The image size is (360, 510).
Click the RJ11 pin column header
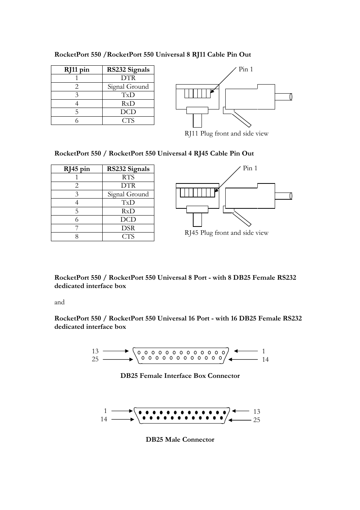coord(77,69)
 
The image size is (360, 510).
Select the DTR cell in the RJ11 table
coord(128,78)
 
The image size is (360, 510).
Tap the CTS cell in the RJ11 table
coord(128,120)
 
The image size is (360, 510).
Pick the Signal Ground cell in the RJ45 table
coord(128,194)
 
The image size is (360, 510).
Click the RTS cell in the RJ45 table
coord(128,177)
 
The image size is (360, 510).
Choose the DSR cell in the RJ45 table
coord(128,228)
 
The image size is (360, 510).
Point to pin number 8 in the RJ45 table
coord(77,236)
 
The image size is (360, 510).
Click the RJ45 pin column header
coord(77,169)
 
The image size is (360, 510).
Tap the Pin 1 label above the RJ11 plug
coord(246,69)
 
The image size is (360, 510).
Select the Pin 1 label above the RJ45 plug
coord(250,168)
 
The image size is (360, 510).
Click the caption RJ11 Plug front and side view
coord(226,133)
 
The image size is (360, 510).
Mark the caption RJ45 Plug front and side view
coord(226,233)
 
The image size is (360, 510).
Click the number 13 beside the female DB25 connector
coord(95,351)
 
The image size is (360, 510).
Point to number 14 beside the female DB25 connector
coord(265,359)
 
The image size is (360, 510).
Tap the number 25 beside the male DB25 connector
coord(257,420)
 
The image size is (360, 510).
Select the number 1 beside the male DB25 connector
coord(105,411)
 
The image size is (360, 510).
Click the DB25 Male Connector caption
coord(180,439)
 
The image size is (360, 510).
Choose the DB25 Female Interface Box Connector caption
coord(180,376)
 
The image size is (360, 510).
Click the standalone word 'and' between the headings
coord(59,302)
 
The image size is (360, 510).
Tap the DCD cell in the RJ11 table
coord(128,112)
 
